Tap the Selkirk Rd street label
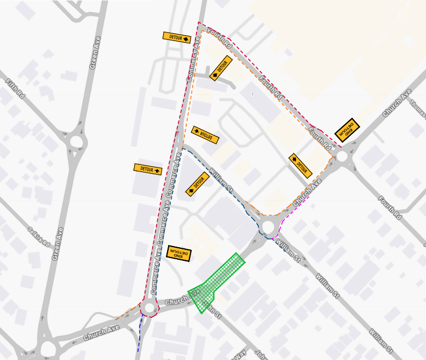pos(40,237)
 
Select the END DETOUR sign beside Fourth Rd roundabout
pos(347,130)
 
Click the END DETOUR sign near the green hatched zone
pos(179,253)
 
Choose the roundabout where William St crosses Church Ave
pos(268,227)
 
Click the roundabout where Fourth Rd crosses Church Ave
pos(343,157)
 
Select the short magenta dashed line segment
pos(296,209)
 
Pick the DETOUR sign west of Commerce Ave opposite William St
pos(148,169)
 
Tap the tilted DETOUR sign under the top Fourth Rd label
pos(221,68)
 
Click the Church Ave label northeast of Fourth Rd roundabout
pos(397,102)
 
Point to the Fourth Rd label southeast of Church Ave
pos(390,209)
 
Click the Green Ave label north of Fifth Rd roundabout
pos(96,53)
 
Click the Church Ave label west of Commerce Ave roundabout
pos(101,333)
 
